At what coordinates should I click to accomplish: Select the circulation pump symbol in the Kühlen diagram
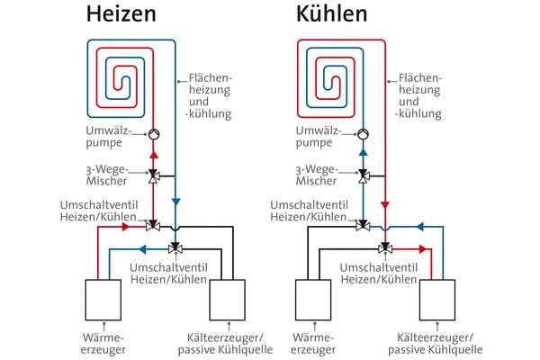click(364, 135)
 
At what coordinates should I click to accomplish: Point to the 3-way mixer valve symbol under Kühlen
click(364, 175)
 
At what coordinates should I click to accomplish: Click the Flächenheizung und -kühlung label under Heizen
click(205, 96)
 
